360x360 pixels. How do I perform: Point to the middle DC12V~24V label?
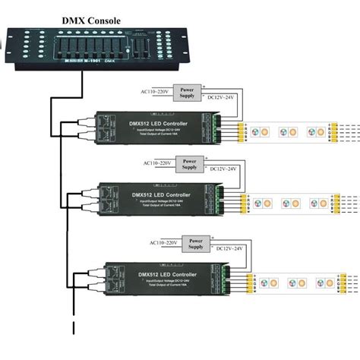click(223, 168)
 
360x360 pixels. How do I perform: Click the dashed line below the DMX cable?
click(74, 334)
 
